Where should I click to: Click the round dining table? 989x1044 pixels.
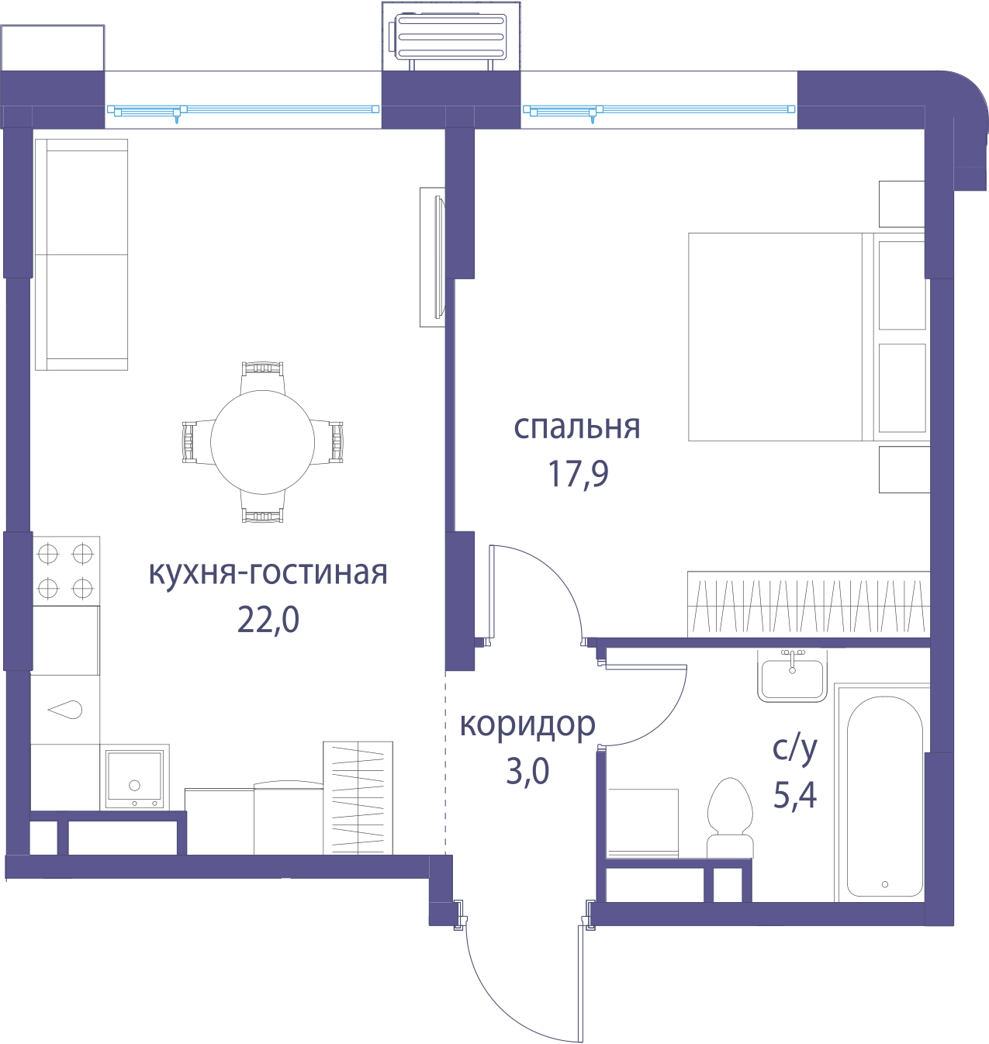(262, 442)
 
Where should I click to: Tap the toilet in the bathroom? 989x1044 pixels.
(731, 818)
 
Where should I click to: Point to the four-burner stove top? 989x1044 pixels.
(66, 571)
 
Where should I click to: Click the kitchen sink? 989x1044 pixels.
(134, 779)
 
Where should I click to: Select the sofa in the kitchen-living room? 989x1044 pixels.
(81, 254)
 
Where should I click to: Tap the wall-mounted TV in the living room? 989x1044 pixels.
(433, 257)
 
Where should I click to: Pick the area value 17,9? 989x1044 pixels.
(578, 474)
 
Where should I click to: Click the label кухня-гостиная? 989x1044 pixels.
(268, 573)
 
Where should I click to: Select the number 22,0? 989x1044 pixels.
(268, 620)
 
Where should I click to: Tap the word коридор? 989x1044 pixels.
(527, 724)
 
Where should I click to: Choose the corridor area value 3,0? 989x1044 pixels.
(527, 772)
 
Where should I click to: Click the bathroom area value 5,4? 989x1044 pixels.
(794, 795)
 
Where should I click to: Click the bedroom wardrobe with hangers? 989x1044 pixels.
(808, 604)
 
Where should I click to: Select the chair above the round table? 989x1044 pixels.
(262, 377)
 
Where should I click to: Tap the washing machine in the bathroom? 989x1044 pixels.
(643, 823)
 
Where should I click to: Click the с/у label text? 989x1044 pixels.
(794, 748)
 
